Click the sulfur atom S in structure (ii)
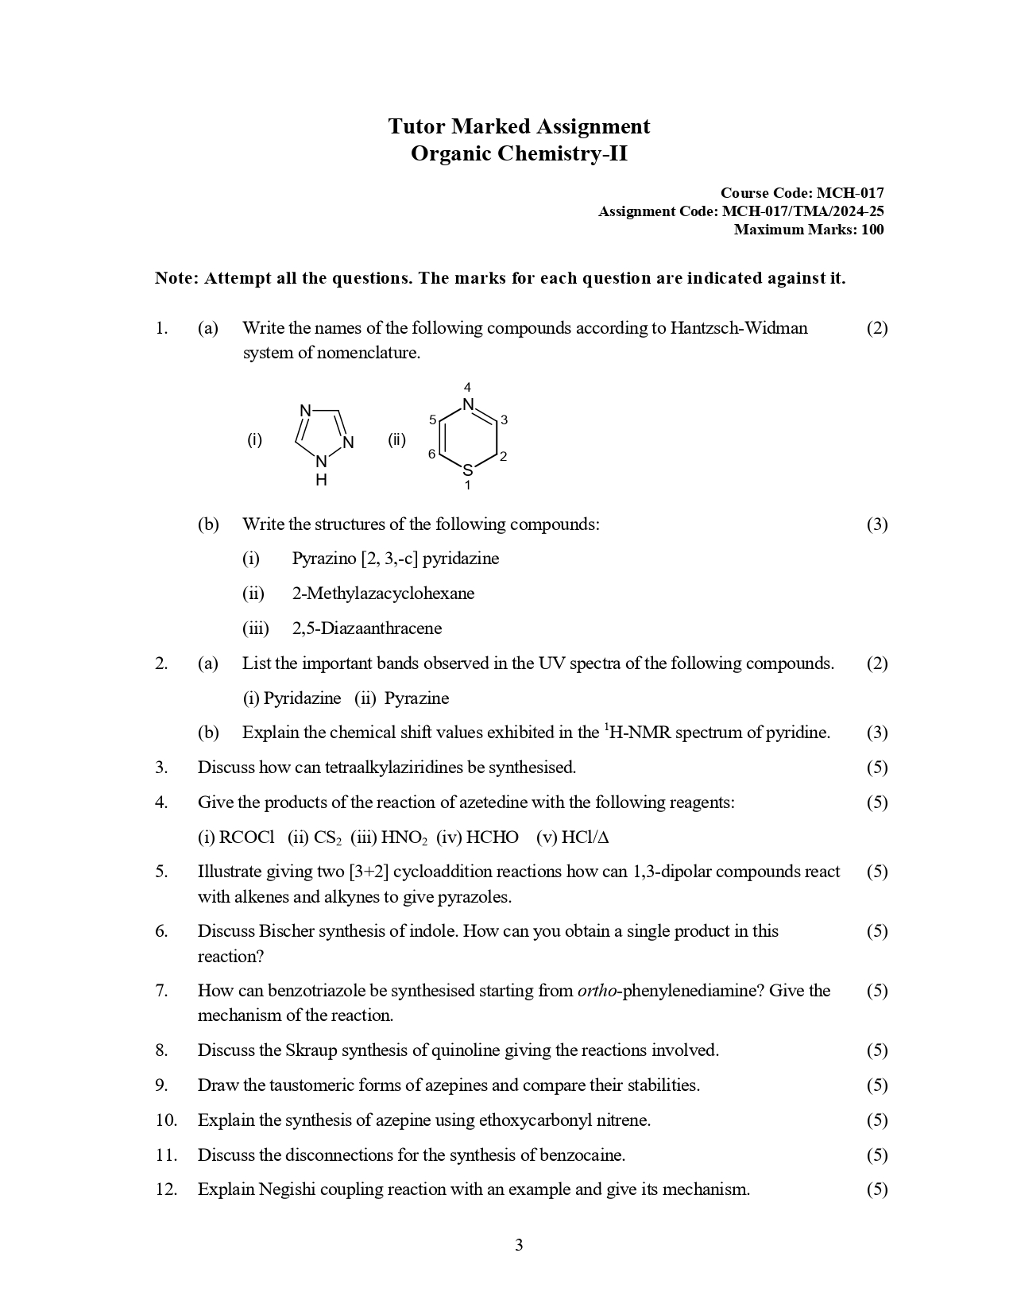(x=468, y=470)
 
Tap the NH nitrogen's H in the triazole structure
(x=321, y=480)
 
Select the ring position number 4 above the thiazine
(x=467, y=387)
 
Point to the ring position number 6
(x=431, y=454)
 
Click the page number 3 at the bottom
(x=519, y=1245)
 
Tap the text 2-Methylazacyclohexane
(x=383, y=594)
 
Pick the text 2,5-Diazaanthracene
(x=367, y=628)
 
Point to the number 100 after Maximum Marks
(x=871, y=230)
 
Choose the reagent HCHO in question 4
(x=493, y=837)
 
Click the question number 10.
(x=166, y=1120)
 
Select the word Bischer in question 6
(x=286, y=931)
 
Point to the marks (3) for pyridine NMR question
(x=877, y=733)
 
